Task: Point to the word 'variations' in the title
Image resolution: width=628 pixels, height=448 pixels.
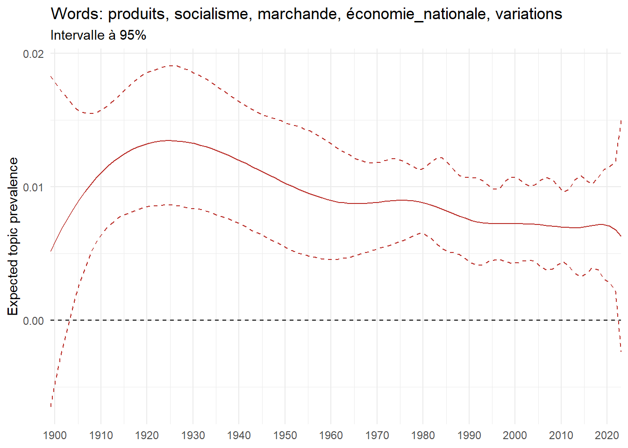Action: coord(528,14)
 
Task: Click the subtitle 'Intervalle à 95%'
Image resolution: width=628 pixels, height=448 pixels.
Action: coord(98,35)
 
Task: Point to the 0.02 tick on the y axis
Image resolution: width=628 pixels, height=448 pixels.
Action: coord(33,54)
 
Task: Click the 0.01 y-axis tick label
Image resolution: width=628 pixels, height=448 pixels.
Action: coord(33,187)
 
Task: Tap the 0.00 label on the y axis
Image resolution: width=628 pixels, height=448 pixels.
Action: coord(33,321)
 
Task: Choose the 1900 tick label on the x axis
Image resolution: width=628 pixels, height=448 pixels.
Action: coord(55,435)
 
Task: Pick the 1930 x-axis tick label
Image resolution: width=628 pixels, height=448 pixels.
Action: coord(193,435)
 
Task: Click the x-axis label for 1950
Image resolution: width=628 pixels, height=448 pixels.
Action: coord(285,435)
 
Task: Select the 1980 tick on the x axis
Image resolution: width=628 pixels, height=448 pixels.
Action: coord(423,435)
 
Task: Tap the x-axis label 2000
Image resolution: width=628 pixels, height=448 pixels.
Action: coord(515,435)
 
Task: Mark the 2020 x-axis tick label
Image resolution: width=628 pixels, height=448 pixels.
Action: coord(607,435)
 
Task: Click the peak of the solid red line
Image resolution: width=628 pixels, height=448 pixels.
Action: coord(168,140)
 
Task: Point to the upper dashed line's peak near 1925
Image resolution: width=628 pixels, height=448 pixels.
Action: coord(172,66)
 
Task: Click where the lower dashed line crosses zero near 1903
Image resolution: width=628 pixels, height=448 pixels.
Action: coord(70,320)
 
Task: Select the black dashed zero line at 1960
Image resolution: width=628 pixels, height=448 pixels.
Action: coord(331,320)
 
